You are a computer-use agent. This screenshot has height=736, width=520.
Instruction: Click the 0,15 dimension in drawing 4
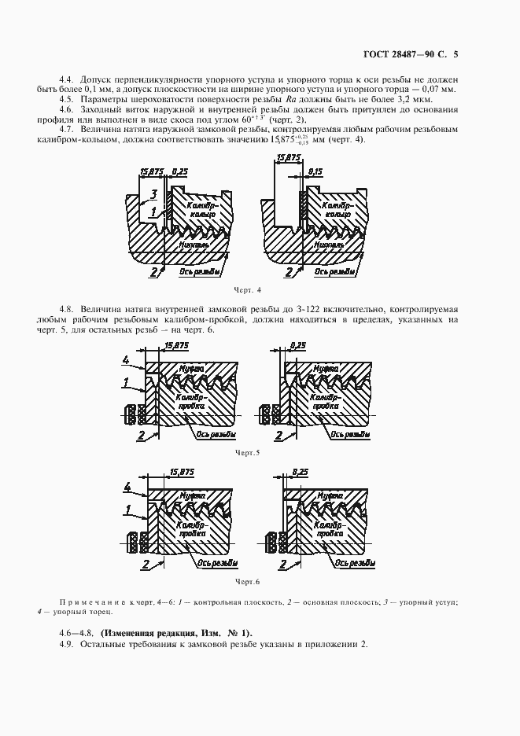316,171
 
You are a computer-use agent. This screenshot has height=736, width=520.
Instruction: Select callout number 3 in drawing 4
154,193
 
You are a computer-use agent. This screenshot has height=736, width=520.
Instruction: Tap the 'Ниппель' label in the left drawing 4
194,244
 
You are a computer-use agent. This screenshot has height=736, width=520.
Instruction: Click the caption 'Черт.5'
246,453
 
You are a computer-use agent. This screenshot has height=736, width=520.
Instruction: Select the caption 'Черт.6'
246,581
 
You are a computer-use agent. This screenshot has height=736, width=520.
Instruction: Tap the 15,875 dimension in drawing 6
182,471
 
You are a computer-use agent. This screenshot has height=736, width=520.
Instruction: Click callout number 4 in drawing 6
126,488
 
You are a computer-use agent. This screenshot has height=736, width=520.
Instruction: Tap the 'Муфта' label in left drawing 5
194,368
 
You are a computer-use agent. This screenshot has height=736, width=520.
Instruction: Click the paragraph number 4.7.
66,129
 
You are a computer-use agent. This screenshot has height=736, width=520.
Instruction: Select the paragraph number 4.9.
66,645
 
